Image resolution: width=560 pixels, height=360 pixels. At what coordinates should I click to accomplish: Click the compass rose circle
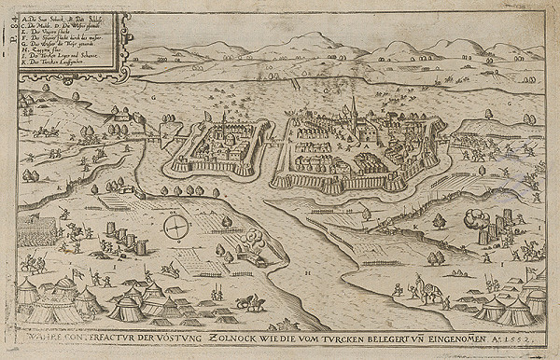(175, 227)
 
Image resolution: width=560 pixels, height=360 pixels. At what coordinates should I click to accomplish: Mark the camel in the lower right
(426, 291)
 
